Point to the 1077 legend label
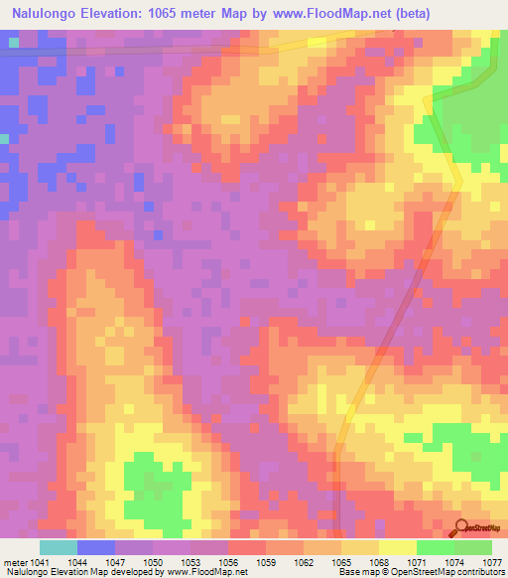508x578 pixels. click(x=492, y=563)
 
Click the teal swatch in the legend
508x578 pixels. click(x=59, y=547)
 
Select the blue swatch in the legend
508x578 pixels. click(x=96, y=547)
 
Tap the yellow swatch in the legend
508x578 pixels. click(x=398, y=547)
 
